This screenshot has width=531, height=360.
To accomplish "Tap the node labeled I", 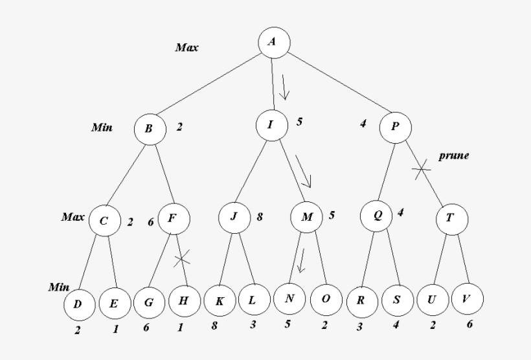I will click(x=271, y=126).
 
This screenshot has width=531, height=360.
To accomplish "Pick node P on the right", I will click(x=394, y=127).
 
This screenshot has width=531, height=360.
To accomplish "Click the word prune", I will click(x=453, y=155).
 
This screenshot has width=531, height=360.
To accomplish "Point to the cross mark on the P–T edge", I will click(x=422, y=169).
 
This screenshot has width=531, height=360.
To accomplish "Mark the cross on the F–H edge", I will click(x=182, y=259).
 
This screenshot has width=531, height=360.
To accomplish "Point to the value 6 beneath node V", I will click(x=469, y=324).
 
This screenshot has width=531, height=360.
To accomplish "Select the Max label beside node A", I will click(x=187, y=48).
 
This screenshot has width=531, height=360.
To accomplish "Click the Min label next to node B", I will click(x=102, y=128).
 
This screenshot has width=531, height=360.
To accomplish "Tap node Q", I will click(x=378, y=216).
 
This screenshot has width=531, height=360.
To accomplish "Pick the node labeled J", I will click(x=234, y=218).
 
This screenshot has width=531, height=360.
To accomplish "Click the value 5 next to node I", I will click(x=299, y=121).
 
